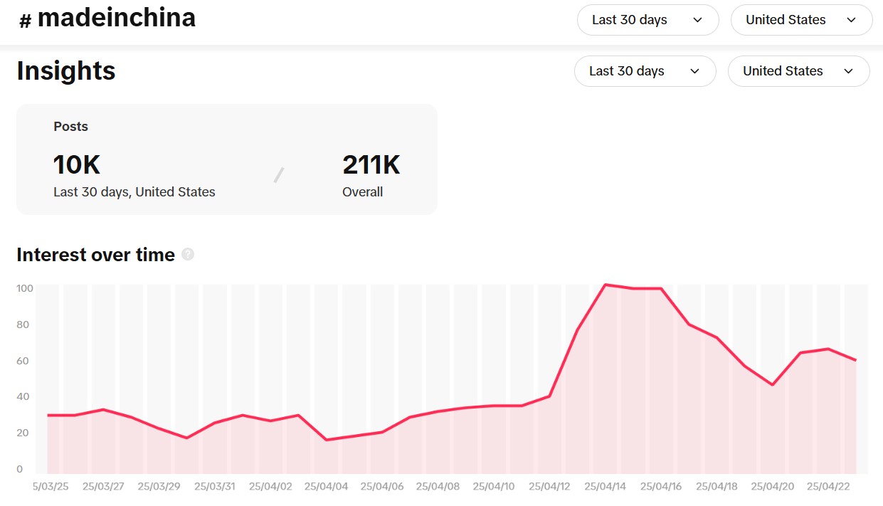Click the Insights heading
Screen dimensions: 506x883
(66, 71)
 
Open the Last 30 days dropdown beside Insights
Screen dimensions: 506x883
(645, 71)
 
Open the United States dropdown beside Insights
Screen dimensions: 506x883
(798, 71)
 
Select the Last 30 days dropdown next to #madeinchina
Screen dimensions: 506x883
(647, 20)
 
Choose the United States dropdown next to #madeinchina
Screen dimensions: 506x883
(801, 20)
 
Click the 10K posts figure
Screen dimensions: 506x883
(77, 165)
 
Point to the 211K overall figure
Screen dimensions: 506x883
(371, 165)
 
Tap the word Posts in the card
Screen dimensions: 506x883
(71, 127)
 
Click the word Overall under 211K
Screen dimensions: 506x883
(363, 192)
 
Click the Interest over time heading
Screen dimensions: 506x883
(96, 255)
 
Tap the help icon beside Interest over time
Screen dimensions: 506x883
(188, 254)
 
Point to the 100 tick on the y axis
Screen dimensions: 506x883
(25, 288)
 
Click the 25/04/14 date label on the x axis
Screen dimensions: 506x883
(605, 487)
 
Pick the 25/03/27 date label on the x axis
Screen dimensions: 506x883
(103, 487)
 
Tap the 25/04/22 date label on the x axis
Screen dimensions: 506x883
(828, 487)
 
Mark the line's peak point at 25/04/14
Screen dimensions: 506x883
(605, 285)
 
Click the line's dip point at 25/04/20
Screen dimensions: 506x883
(773, 385)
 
